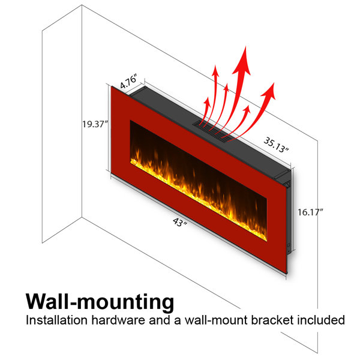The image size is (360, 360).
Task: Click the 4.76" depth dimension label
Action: tap(129, 81)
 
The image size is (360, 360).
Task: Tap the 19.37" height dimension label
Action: tap(95, 124)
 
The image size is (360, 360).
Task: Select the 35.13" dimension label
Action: tap(276, 145)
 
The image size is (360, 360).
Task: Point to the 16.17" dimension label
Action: tap(310, 212)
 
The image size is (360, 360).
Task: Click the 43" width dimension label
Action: tap(180, 222)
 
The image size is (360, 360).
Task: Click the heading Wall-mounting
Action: tap(100, 302)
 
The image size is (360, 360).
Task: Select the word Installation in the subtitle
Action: tap(57, 320)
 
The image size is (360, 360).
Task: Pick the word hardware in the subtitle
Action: tap(118, 320)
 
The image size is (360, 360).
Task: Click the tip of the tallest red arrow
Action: tap(245, 46)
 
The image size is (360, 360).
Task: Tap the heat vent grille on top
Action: tap(213, 131)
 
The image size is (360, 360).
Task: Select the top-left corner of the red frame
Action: tap(112, 86)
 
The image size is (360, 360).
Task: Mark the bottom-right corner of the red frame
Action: tap(287, 273)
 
